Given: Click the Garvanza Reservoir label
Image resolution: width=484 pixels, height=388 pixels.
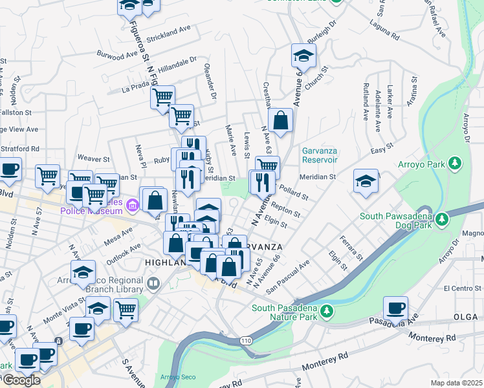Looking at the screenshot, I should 320,155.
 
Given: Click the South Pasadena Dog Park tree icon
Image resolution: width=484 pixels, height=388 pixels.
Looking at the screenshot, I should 443,219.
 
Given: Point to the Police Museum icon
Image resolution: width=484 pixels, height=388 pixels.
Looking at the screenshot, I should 133,206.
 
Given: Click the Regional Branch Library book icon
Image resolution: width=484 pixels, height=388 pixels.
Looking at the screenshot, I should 153,283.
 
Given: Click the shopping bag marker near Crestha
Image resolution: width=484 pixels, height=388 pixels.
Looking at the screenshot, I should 280,120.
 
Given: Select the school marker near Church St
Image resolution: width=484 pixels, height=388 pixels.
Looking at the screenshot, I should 303,55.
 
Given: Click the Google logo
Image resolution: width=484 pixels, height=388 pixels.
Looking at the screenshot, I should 21,380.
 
